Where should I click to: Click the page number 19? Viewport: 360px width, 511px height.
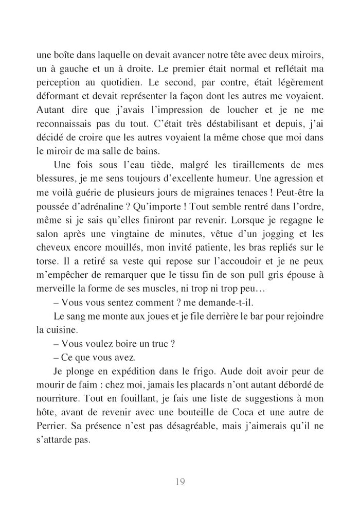tap(179, 482)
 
